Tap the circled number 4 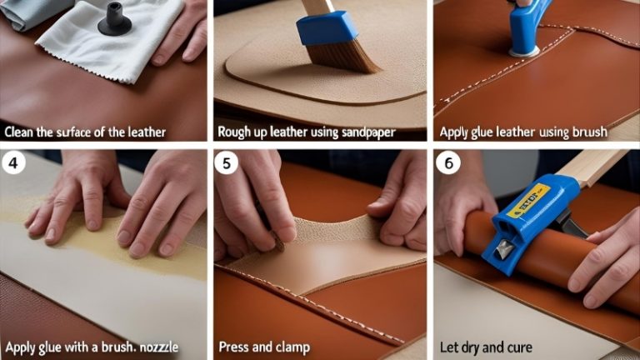pyautogui.click(x=14, y=164)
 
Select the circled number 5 pyautogui.click(x=227, y=164)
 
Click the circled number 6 pyautogui.click(x=447, y=164)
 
